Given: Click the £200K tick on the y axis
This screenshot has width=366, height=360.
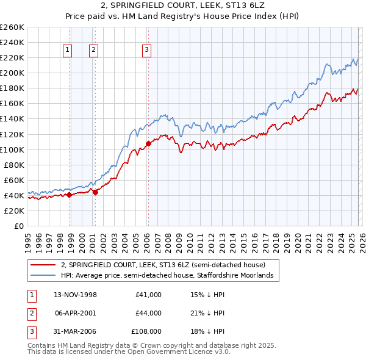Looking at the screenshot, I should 12,73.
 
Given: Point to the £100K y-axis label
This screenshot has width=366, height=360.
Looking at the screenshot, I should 12,149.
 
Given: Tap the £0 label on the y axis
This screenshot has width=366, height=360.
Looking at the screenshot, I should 18,226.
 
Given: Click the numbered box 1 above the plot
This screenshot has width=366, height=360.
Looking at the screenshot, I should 66,51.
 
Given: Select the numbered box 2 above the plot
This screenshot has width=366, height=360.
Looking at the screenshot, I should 93,51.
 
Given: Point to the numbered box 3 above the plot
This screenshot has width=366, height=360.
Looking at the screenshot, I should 147,51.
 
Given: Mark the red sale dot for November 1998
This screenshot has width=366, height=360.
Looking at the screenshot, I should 69,195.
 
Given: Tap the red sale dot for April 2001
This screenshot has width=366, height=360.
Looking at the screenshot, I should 95,192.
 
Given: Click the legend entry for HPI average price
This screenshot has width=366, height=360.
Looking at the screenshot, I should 170,276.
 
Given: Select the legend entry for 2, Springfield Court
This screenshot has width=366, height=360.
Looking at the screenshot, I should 163,265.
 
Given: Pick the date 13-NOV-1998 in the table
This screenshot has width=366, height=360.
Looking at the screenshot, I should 75,295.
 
